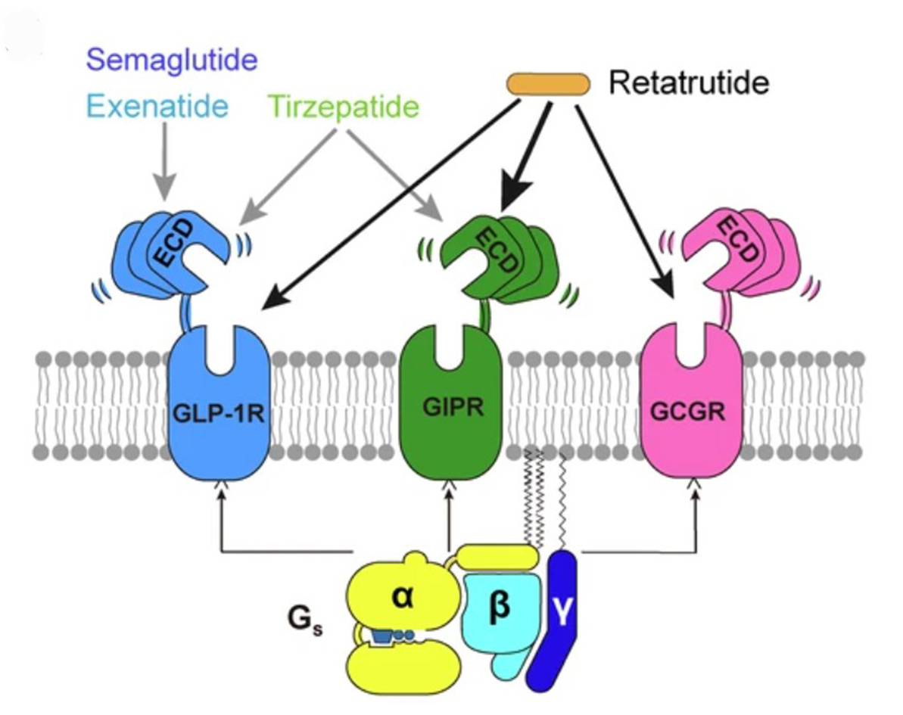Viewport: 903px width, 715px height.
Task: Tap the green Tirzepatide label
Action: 343,107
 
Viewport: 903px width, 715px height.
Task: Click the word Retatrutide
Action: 689,82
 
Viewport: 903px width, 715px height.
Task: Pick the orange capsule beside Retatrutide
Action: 548,84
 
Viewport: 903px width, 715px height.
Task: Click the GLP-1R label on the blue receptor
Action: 217,414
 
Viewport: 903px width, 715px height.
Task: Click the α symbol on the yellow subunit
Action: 402,595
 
